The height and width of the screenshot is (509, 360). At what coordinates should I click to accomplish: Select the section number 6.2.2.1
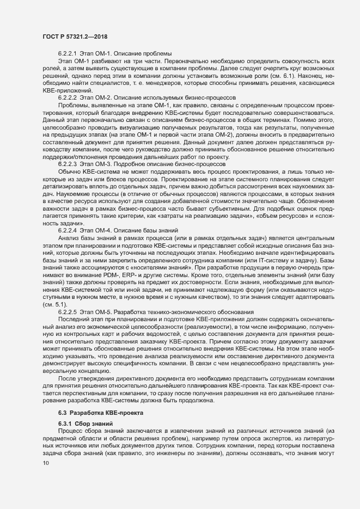coord(69,53)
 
